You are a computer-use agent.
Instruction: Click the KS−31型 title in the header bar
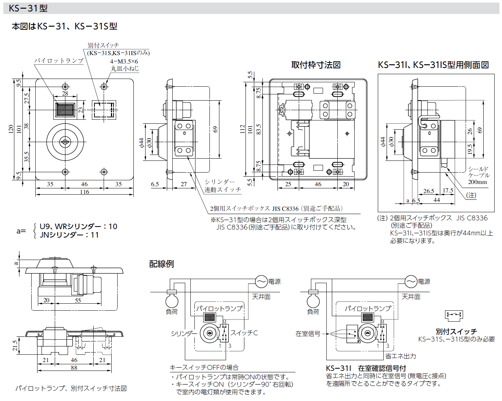click(28, 8)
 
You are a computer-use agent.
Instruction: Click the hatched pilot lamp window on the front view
click(65, 109)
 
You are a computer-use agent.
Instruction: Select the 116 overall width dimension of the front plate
click(85, 192)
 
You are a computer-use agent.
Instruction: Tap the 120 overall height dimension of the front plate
click(11, 129)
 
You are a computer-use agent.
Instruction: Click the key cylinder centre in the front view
click(65, 142)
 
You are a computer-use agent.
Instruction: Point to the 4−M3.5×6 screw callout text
click(124, 61)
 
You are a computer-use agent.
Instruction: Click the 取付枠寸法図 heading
click(316, 65)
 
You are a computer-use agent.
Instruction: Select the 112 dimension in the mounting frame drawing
click(242, 129)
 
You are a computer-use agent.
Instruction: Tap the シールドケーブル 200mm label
click(478, 175)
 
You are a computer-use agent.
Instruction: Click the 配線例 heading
click(161, 264)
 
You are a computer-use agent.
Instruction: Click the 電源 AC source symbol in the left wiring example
click(261, 282)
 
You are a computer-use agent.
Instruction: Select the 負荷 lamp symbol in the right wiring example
click(313, 300)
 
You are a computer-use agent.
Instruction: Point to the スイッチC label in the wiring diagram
click(244, 333)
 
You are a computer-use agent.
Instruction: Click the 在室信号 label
click(308, 333)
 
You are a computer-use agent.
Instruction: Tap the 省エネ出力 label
click(401, 356)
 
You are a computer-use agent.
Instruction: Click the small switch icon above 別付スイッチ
click(454, 315)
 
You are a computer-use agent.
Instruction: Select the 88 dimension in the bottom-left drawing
click(74, 368)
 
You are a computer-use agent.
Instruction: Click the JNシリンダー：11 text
click(69, 235)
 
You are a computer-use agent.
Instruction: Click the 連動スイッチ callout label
click(223, 189)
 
